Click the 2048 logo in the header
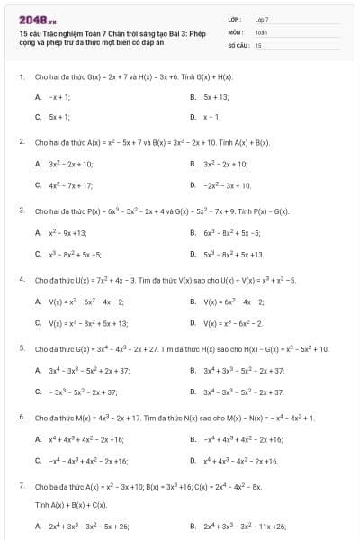31,18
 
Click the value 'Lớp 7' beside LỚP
262,19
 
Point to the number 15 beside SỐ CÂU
258,44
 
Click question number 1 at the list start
21,76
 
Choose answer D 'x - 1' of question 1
212,117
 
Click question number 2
21,142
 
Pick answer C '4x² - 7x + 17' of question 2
71,185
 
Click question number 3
21,211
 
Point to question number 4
21,280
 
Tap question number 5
21,348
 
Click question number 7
21,485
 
